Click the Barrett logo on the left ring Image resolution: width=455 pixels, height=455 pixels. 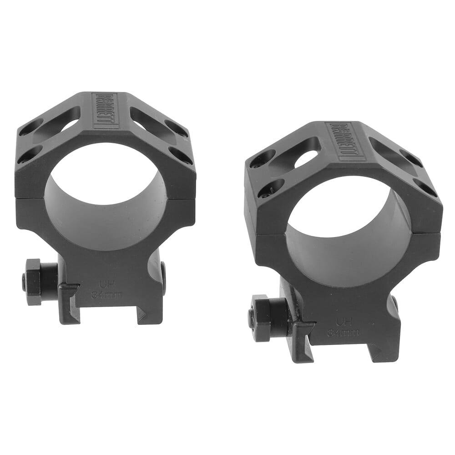[x=105, y=111]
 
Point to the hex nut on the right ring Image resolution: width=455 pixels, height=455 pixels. [x=262, y=318]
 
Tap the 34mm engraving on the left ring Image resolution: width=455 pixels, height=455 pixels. [x=106, y=295]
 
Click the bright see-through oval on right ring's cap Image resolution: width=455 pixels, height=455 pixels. [x=306, y=158]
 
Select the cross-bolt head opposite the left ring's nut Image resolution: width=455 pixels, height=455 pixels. [x=163, y=278]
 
